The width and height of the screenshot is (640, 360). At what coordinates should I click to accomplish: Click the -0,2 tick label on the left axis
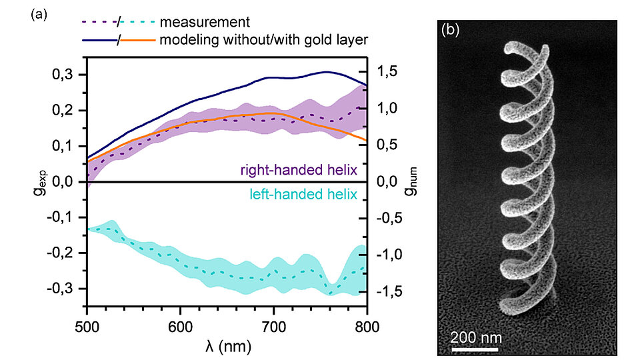point(67,253)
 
